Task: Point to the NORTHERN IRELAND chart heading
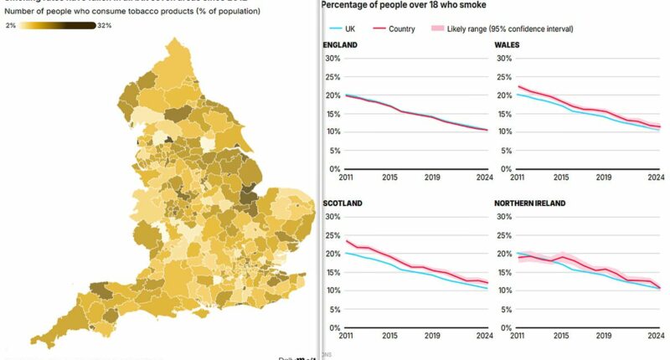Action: (x=530, y=203)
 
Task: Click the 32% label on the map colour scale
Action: (x=105, y=26)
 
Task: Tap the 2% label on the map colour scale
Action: (x=11, y=26)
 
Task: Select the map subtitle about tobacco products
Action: (x=132, y=12)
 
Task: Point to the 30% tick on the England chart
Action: (x=332, y=59)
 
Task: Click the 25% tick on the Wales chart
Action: (x=502, y=77)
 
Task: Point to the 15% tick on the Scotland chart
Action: (x=332, y=272)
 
